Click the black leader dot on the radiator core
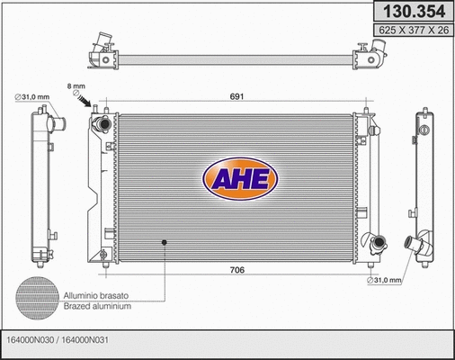click(163, 240)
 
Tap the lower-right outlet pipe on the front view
click(376, 242)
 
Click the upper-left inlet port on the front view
click(105, 121)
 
